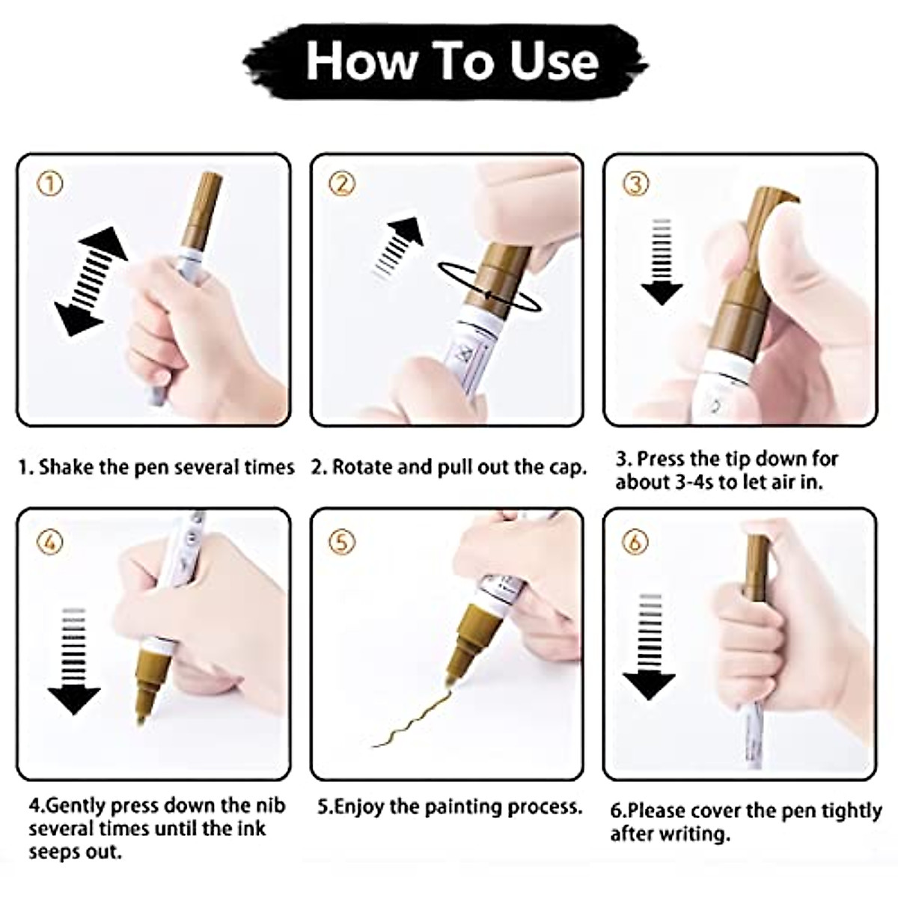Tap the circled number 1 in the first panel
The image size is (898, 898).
click(50, 184)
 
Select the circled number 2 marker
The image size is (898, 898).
click(343, 184)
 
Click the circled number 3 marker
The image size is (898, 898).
click(635, 184)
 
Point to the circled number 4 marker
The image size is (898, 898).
click(50, 541)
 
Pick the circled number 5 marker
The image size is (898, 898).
click(343, 541)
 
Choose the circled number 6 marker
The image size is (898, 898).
click(635, 541)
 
